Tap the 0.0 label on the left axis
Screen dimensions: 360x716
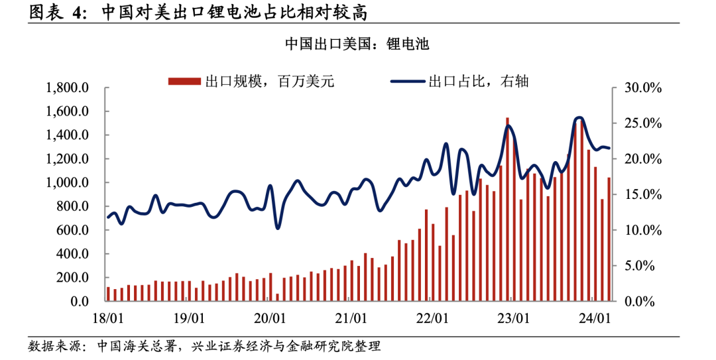(x=80, y=302)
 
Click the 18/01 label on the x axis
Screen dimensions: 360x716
(x=108, y=319)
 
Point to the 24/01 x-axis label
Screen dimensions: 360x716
(x=595, y=319)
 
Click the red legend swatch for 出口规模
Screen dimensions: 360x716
(x=184, y=82)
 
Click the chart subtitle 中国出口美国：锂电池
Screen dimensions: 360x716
(x=357, y=44)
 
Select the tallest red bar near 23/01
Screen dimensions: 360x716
(x=508, y=210)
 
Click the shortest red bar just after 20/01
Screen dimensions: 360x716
(x=278, y=298)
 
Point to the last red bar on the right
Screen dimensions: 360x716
(x=609, y=239)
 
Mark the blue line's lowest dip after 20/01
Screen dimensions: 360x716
(x=278, y=228)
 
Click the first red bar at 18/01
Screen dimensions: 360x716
(x=108, y=294)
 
